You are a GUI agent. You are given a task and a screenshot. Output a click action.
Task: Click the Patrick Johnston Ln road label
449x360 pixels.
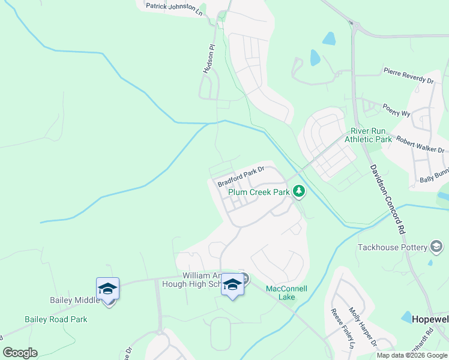pos(174,8)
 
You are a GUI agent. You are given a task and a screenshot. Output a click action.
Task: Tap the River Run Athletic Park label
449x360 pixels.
pos(368,135)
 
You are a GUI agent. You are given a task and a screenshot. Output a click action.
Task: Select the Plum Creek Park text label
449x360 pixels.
pos(259,193)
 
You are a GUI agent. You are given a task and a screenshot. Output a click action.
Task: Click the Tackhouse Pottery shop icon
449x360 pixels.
pos(436,247)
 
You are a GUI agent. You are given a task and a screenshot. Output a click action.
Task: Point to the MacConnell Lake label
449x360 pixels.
pos(286,293)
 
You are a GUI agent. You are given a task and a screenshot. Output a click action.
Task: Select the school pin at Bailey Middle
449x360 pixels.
pos(108,289)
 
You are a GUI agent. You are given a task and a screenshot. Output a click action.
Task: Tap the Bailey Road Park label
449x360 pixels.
pos(56,319)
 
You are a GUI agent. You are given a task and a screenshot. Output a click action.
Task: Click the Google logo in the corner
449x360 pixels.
pos(20,353)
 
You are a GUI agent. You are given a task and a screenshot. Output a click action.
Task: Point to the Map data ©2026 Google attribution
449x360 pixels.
pos(411,355)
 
